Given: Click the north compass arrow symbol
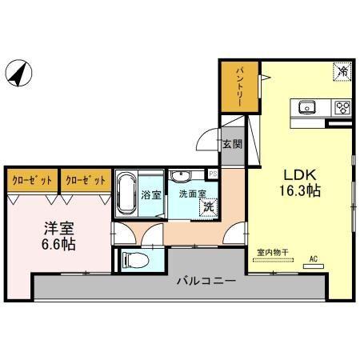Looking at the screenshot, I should (x=18, y=74).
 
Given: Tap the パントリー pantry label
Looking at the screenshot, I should (x=239, y=88).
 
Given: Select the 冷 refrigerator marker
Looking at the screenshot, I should (x=342, y=72).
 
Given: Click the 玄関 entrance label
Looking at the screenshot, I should (x=232, y=145).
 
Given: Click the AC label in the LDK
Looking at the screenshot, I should (x=313, y=258).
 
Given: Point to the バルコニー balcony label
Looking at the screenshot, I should (x=205, y=282).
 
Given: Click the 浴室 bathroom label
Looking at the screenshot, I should (x=151, y=194).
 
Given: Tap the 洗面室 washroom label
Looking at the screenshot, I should (x=192, y=193).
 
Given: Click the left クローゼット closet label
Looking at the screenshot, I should (x=32, y=180).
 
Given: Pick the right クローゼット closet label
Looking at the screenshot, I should (x=85, y=180).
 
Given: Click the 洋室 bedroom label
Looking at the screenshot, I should (x=59, y=226).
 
